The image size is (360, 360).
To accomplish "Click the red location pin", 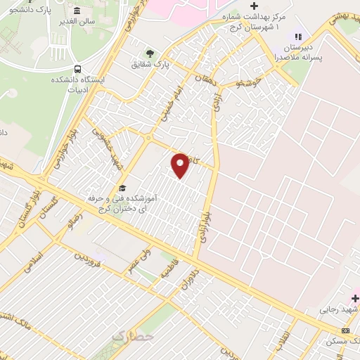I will pyautogui.click(x=180, y=165).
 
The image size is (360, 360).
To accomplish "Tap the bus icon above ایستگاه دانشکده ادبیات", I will pyautogui.click(x=77, y=69).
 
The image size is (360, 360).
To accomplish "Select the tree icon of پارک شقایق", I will pyautogui.click(x=149, y=53).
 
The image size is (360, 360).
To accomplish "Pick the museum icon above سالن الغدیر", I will pyautogui.click(x=77, y=13).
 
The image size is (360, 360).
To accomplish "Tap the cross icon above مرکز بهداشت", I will pyautogui.click(x=255, y=6).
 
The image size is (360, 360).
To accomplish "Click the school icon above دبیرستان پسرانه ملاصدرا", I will pyautogui.click(x=297, y=37).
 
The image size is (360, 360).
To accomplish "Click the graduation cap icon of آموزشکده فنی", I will pyautogui.click(x=122, y=188).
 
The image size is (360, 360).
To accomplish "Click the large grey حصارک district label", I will pyautogui.click(x=131, y=337).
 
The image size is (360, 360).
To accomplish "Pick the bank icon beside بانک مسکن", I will pyautogui.click(x=345, y=330).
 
